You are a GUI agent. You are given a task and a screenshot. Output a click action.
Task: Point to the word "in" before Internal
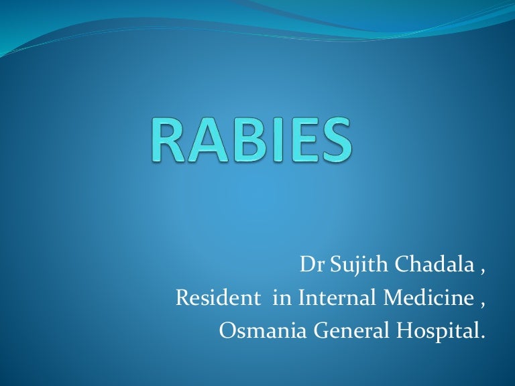[x=281, y=298]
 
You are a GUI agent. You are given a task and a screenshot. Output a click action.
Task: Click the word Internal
[x=329, y=298]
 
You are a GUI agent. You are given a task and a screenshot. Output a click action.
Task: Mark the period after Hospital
[x=481, y=337]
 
